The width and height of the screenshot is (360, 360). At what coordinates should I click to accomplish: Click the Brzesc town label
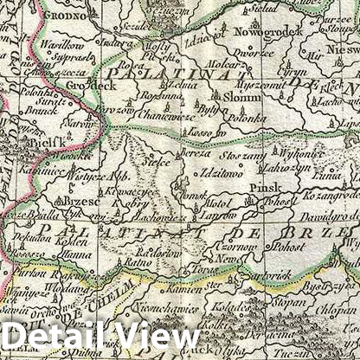click(82, 201)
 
